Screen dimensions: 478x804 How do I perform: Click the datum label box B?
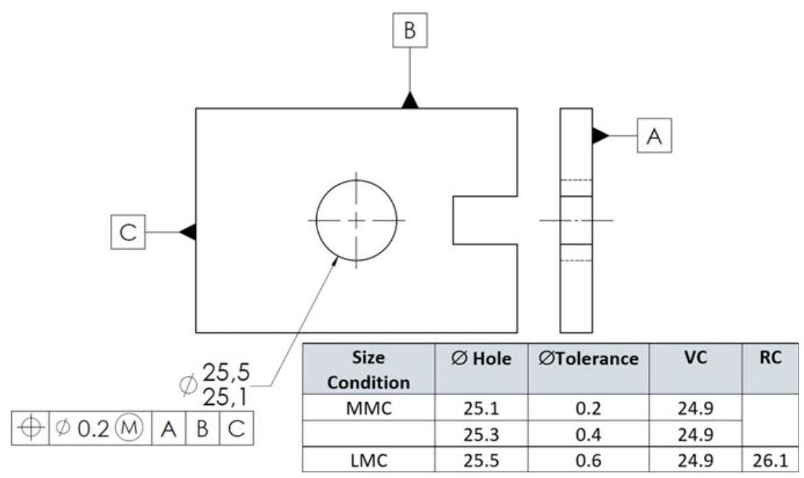click(x=410, y=30)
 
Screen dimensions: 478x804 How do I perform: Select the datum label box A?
click(x=654, y=136)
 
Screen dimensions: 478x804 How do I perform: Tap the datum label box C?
click(x=128, y=231)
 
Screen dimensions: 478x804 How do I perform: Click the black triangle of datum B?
click(x=411, y=101)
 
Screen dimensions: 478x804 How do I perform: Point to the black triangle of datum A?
click(x=600, y=136)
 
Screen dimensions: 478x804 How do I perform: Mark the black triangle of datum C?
click(x=188, y=231)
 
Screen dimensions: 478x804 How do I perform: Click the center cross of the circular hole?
click(x=357, y=220)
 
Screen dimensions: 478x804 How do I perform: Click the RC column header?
click(x=775, y=359)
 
